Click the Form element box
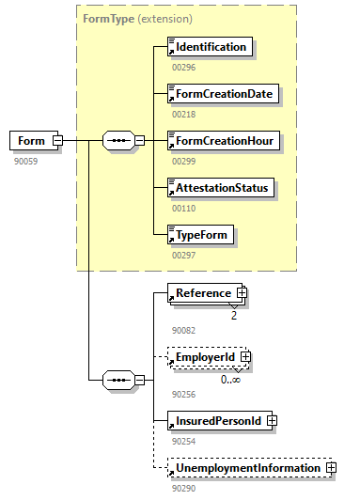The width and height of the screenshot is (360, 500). (30, 141)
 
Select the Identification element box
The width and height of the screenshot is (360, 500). (210, 46)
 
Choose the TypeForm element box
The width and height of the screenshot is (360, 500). (200, 234)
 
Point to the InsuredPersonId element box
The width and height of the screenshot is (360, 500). (217, 420)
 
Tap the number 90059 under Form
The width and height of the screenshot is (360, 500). (25, 161)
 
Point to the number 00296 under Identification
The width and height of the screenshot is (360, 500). (183, 67)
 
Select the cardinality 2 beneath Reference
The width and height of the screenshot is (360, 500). (233, 315)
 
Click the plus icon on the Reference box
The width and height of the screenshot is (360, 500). (242, 293)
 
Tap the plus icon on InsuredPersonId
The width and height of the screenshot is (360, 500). (272, 420)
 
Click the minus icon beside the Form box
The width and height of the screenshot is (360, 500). (57, 141)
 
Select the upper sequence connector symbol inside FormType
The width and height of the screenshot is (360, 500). (117, 141)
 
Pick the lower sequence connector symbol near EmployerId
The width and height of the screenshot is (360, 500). (117, 381)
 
